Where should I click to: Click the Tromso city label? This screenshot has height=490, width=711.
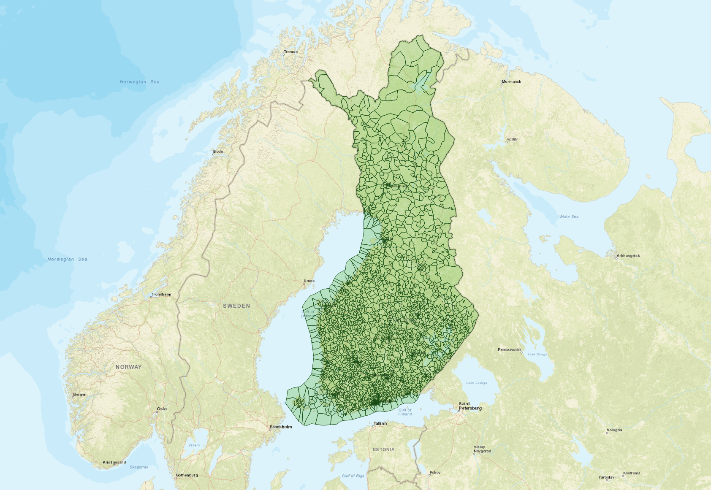point(290,52)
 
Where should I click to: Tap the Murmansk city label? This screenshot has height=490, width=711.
point(511,82)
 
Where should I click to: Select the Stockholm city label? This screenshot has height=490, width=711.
point(281,427)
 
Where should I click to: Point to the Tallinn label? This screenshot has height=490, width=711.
point(380,423)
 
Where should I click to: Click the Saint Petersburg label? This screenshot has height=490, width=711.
point(470,406)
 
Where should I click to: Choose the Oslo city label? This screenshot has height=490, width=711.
point(162,409)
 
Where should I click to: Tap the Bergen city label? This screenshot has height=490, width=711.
point(80,395)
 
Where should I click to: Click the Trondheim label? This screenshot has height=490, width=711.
point(161,294)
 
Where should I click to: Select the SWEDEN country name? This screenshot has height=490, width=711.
point(236,306)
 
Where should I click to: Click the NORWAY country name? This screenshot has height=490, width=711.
point(129,367)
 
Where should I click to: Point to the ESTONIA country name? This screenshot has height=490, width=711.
point(384,449)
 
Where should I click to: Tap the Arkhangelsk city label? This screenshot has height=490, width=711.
point(628,256)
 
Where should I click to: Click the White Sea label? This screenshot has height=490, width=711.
point(569,217)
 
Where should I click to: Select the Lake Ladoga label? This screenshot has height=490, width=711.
point(477,383)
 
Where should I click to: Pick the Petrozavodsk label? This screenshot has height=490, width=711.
point(510,349)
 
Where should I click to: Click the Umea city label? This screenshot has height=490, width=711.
point(309,281)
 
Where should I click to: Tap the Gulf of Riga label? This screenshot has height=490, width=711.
point(353,476)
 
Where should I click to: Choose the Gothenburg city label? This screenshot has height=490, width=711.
point(187,475)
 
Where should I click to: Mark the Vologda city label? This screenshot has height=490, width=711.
point(614,430)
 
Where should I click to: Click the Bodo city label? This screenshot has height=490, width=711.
point(218,152)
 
